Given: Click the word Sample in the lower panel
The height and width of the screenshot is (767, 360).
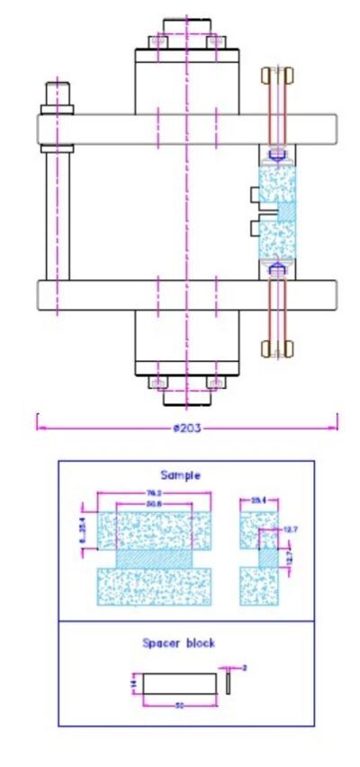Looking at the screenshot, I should click(x=180, y=474).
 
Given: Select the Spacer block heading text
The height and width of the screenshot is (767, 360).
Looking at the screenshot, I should click(x=178, y=643).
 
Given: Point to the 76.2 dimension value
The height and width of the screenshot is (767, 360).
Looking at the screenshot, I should click(x=155, y=492).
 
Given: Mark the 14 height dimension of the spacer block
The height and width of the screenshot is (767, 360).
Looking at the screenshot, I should click(x=132, y=686).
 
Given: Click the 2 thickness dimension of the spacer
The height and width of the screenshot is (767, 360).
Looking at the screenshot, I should click(x=244, y=667).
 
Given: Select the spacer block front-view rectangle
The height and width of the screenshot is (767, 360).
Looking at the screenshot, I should click(x=179, y=684).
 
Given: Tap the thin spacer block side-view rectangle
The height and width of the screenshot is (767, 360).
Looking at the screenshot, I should click(x=229, y=684).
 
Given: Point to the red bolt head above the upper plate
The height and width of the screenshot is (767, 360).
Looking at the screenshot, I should click(x=276, y=78).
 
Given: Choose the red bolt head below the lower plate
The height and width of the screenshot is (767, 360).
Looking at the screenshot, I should click(x=276, y=347).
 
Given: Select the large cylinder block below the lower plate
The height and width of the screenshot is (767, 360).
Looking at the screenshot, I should click(x=186, y=339).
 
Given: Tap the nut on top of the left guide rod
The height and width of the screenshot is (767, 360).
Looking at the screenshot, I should click(x=58, y=92).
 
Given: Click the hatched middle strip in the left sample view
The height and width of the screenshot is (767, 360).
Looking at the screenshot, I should click(x=154, y=558).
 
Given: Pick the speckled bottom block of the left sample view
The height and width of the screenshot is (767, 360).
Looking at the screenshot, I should click(x=154, y=586).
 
